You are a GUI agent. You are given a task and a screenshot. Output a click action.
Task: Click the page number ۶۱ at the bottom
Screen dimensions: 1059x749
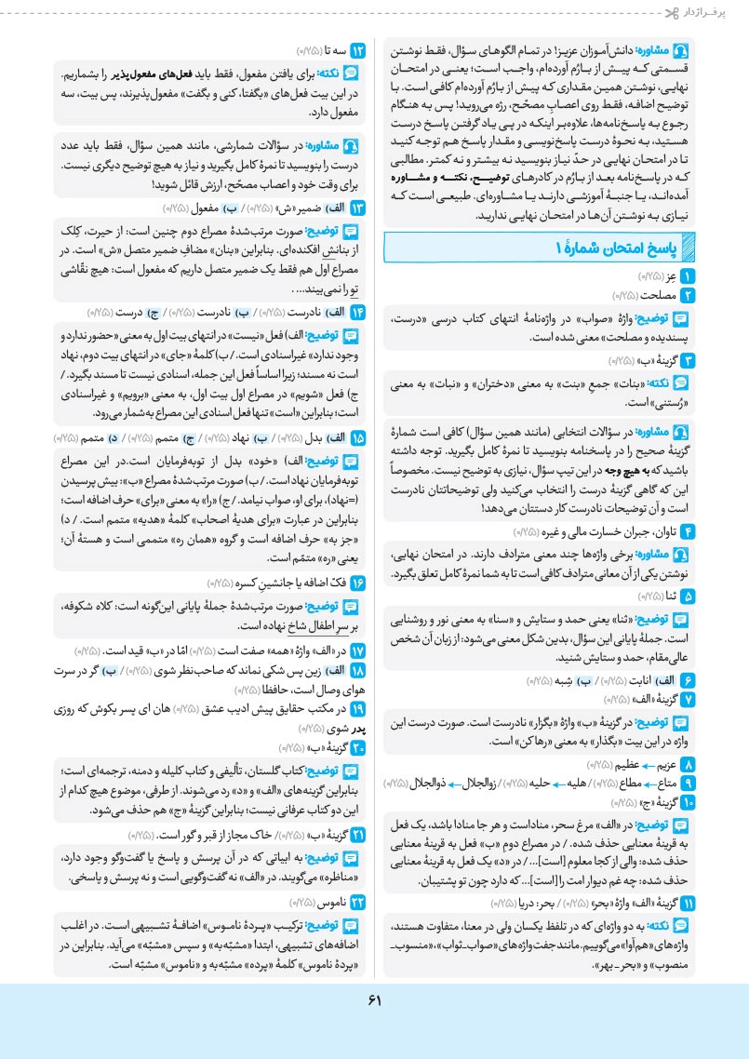point(374,1000)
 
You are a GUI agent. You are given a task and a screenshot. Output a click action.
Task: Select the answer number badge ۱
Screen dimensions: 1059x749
point(689,277)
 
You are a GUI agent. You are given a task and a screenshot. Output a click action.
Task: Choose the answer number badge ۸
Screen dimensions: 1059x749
point(689,763)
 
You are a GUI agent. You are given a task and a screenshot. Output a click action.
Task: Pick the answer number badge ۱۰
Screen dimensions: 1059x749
point(689,801)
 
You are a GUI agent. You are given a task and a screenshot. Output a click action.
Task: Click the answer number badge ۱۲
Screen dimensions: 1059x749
point(358,48)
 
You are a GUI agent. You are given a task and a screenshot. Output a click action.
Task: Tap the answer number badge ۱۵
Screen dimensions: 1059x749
point(358,437)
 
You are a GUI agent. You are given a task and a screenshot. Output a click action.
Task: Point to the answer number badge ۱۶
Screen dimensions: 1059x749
point(358,583)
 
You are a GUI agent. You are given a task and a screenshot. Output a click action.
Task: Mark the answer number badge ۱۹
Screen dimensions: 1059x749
point(358,709)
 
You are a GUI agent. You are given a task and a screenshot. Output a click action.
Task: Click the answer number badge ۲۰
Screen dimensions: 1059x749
point(358,746)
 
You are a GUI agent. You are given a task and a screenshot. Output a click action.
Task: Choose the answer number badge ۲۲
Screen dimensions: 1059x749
point(358,903)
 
